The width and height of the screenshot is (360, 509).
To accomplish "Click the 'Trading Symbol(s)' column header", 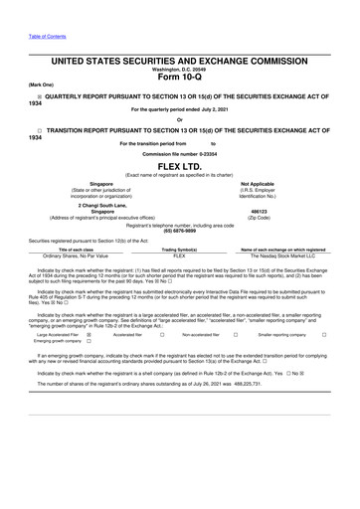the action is pos(180,249).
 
